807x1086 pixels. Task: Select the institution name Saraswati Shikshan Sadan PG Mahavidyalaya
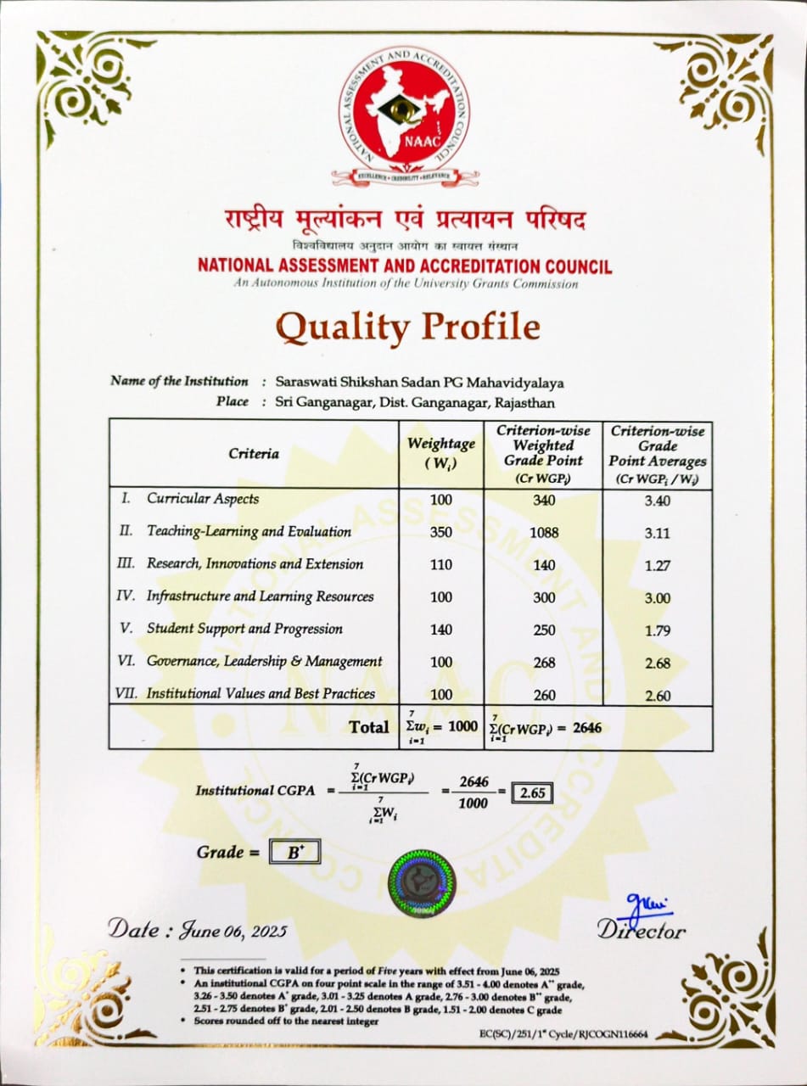click(419, 383)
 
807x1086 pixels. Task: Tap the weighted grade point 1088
click(544, 533)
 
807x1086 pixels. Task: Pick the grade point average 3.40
click(657, 501)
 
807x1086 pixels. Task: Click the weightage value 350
click(441, 532)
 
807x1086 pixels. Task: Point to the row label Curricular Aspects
click(203, 499)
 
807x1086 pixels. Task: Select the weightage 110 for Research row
click(441, 564)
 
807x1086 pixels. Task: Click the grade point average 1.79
click(657, 630)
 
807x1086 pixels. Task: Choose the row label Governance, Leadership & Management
click(264, 661)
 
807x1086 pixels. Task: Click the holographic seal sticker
click(421, 883)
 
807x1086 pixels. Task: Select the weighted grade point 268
click(544, 663)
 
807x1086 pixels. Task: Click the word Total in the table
click(369, 727)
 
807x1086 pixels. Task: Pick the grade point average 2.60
click(657, 696)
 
